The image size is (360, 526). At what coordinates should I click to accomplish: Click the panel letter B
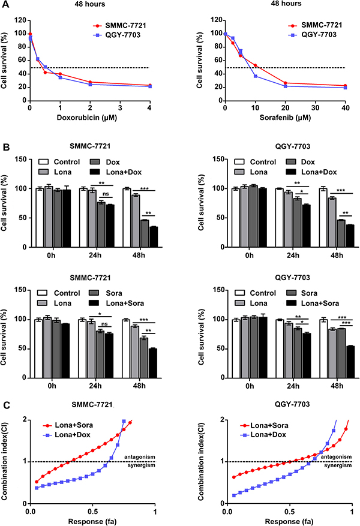point(5,147)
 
